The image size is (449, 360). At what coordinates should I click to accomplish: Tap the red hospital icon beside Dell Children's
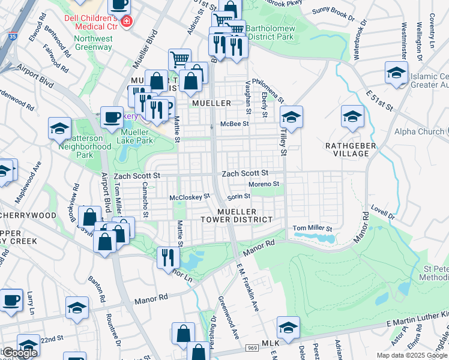(x=126, y=22)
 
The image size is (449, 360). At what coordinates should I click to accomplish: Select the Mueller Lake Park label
(x=134, y=136)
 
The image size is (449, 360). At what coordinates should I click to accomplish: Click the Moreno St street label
(x=264, y=184)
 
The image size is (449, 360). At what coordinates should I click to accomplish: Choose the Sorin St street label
(x=238, y=196)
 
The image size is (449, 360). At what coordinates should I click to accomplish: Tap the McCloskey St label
(x=190, y=196)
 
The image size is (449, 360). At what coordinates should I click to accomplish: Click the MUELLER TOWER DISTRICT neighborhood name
(x=237, y=216)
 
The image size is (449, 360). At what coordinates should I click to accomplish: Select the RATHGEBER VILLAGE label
(x=351, y=149)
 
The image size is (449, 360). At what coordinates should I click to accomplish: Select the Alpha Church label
(x=419, y=131)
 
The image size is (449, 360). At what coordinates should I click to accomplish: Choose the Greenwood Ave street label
(x=229, y=316)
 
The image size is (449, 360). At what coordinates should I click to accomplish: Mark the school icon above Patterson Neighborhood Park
(x=60, y=128)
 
